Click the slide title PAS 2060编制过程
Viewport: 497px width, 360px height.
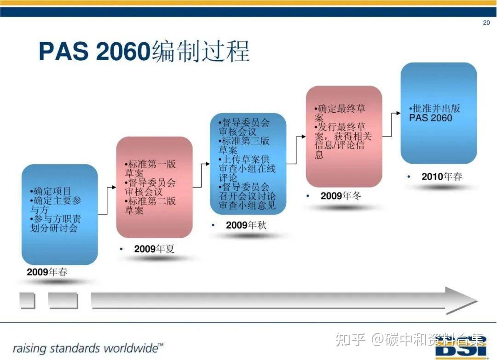click(x=144, y=51)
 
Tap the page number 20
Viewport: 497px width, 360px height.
click(x=486, y=23)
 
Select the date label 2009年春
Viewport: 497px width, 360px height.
click(x=47, y=272)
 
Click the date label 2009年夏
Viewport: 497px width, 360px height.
click(x=154, y=249)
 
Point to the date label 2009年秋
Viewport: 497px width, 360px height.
click(x=246, y=225)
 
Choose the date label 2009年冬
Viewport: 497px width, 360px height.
click(x=341, y=196)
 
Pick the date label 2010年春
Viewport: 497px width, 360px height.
click(x=442, y=177)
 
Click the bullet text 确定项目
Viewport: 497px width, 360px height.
click(x=51, y=191)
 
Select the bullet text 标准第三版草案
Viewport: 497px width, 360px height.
click(x=244, y=145)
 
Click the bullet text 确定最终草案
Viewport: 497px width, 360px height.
click(x=340, y=113)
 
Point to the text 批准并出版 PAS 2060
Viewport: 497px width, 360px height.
click(x=434, y=113)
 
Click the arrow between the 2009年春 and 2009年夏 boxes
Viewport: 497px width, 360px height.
click(x=107, y=201)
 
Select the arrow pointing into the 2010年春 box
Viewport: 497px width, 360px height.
click(x=392, y=125)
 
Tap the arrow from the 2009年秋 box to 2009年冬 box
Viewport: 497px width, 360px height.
click(x=296, y=150)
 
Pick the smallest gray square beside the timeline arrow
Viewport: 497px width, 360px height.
click(x=27, y=301)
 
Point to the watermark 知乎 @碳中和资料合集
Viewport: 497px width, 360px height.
click(x=410, y=339)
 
